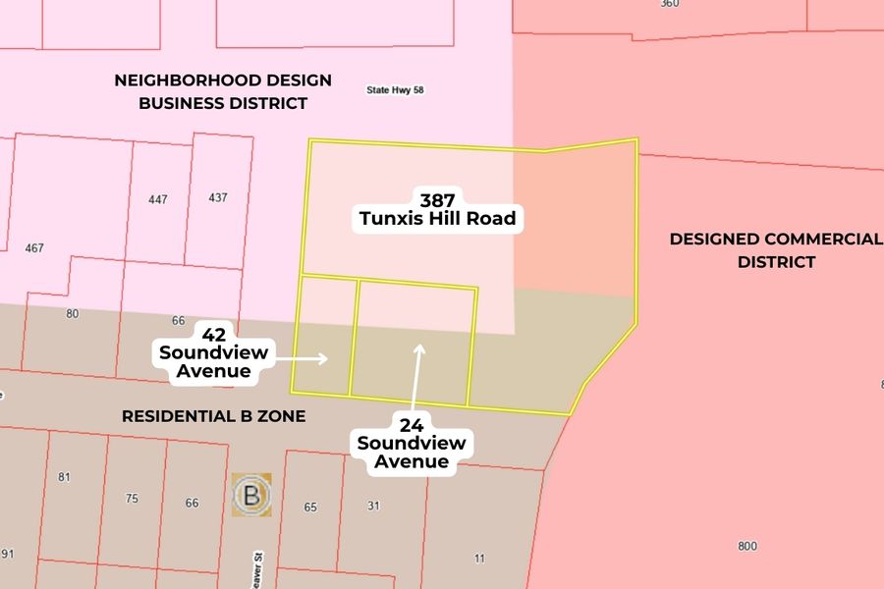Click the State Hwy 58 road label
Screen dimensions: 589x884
coord(395,89)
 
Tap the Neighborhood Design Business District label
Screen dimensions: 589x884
coord(223,91)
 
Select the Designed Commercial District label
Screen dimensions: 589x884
coord(775,250)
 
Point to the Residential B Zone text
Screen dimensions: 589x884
coord(213,416)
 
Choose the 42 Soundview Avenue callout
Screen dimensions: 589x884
coord(213,351)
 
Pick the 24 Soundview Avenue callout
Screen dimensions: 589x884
coord(412,443)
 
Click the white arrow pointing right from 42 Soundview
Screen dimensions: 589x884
coord(304,359)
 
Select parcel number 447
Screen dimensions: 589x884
coord(158,199)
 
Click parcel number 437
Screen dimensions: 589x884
coord(218,197)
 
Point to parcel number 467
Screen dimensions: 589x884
coord(34,248)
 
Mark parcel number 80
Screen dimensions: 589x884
coord(72,314)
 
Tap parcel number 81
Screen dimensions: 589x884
coord(65,478)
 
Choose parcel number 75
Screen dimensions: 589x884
coord(133,498)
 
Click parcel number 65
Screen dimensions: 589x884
coord(310,508)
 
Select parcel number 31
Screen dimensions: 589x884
coord(373,506)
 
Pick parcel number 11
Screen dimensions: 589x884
coord(479,559)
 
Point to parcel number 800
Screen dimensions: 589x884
coord(746,546)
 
